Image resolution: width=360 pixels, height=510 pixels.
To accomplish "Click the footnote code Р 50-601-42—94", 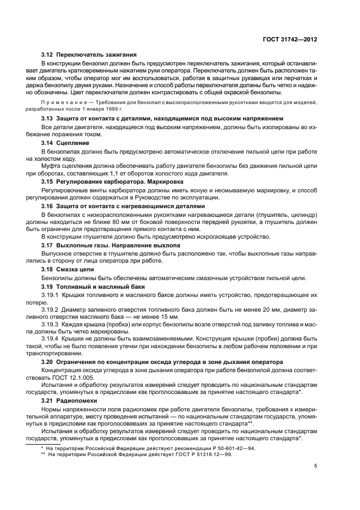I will [x=224, y=447].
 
